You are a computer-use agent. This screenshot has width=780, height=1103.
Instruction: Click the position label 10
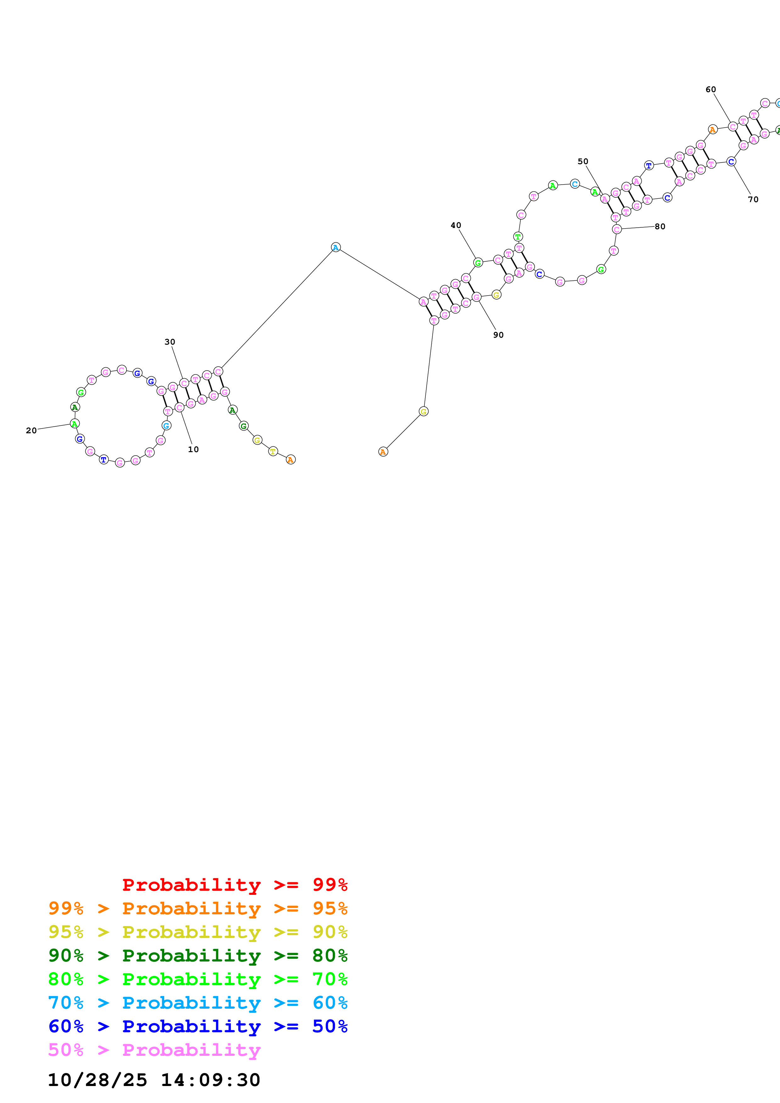tap(193, 449)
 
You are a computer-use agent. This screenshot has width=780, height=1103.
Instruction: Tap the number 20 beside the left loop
tap(31, 430)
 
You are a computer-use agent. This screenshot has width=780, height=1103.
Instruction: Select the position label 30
tap(170, 342)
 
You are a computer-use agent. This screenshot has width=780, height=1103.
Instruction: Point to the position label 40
tap(456, 225)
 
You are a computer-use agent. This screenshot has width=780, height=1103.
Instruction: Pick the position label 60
tap(710, 89)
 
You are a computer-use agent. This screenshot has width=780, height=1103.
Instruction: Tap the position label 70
tap(753, 199)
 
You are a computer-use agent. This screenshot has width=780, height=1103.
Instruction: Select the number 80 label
tap(660, 226)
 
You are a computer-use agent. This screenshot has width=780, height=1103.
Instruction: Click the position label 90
tap(498, 335)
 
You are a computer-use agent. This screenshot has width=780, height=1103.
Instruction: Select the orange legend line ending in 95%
tap(198, 908)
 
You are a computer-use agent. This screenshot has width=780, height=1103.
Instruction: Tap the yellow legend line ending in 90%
tap(198, 932)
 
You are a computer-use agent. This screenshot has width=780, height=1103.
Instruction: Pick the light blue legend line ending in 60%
tap(198, 1003)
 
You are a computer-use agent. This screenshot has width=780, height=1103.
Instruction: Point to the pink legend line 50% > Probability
tap(154, 1050)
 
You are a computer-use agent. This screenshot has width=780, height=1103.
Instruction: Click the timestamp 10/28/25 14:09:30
tap(154, 1079)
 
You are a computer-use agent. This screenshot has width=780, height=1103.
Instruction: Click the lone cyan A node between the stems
tap(335, 247)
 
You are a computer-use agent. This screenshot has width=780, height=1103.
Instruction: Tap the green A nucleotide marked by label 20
tap(75, 424)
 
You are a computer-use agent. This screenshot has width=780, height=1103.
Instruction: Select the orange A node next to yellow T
tap(290, 460)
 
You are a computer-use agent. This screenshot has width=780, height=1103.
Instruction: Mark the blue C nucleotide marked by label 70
tap(731, 162)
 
